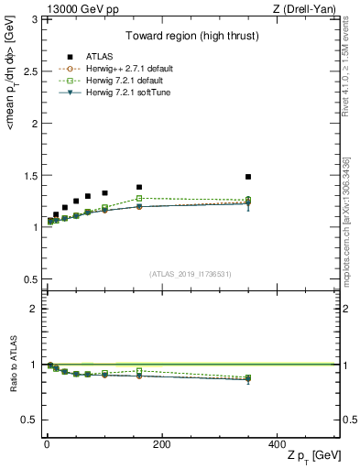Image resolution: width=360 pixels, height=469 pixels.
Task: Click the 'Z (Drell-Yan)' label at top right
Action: click(x=309, y=8)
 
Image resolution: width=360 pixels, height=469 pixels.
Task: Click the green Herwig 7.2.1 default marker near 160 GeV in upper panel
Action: click(x=139, y=198)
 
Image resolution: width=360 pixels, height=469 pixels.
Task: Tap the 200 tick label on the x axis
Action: click(x=161, y=443)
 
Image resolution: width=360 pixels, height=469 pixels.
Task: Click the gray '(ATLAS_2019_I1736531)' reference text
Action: click(x=191, y=274)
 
